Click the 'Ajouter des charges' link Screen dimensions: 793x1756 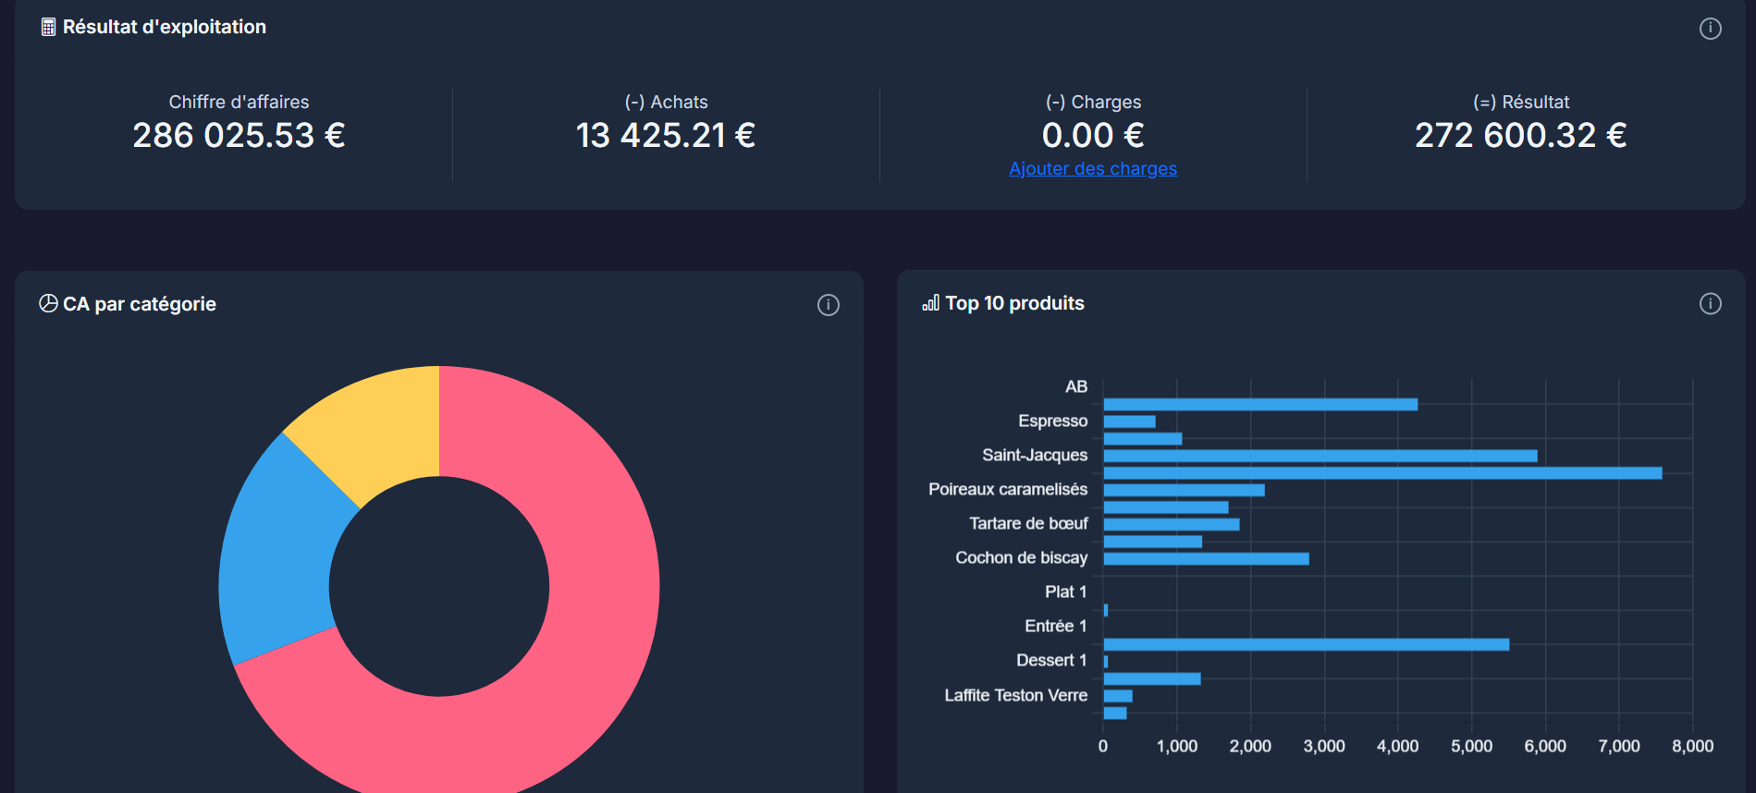coord(1093,169)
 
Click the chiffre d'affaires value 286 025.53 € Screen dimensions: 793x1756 coord(239,136)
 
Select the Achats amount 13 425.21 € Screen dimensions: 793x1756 coord(665,136)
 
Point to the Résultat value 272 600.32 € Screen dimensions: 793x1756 coord(1520,136)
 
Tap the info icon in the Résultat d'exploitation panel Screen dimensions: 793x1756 coord(1710,29)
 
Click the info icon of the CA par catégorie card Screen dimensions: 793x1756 coord(828,305)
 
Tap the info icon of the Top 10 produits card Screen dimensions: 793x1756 coord(1710,304)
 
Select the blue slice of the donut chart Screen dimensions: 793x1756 coord(277,555)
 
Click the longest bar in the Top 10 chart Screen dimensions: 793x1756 coord(1382,473)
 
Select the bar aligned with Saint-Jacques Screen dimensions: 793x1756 coord(1320,456)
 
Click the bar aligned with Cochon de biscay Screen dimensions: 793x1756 coord(1206,558)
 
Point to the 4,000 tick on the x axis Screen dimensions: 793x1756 coord(1397,746)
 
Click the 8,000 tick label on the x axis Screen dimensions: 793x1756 coord(1692,746)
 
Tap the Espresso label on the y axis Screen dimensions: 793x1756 coord(1052,421)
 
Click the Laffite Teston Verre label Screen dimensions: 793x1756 coord(1015,695)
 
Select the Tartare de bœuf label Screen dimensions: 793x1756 coord(1028,524)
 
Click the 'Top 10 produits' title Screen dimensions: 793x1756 coord(1014,304)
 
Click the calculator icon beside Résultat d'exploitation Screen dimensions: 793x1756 coord(48,28)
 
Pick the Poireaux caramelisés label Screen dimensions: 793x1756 coord(1007,490)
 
